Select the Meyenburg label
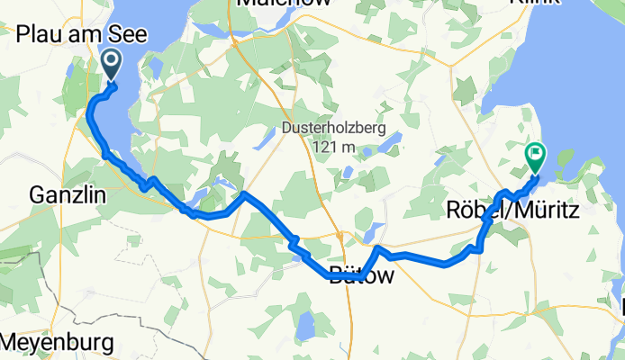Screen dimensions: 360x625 click(58, 343)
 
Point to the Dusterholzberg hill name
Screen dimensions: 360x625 click(332, 129)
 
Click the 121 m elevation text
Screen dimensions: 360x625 click(332, 147)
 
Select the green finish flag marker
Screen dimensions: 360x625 click(537, 157)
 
